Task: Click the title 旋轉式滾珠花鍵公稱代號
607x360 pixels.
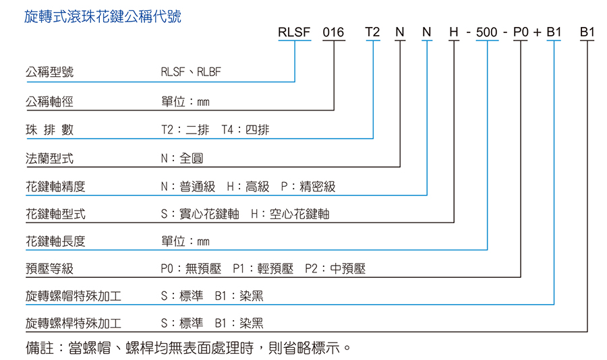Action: [103, 17]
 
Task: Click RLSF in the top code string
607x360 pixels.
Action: [294, 32]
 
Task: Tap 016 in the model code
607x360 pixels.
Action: [333, 32]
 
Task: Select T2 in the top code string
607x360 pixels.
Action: [372, 32]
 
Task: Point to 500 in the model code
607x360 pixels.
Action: [486, 32]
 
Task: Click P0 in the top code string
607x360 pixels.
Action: [521, 32]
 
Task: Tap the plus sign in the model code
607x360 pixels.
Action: [537, 33]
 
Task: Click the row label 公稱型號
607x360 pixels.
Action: [49, 72]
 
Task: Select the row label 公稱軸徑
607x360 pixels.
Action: [49, 102]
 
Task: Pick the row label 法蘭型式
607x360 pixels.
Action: [49, 158]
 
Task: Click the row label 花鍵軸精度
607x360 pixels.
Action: [55, 187]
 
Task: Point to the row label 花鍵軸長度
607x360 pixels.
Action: [55, 241]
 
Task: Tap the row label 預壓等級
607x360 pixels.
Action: [49, 268]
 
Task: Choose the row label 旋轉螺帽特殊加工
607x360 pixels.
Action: [74, 296]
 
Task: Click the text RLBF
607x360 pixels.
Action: [209, 72]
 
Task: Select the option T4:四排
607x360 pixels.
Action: [245, 129]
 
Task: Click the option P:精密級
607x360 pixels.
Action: [308, 187]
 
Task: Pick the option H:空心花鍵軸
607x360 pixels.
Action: [290, 214]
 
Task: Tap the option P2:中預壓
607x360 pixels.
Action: [335, 268]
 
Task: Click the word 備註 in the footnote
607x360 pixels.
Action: [40, 348]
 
